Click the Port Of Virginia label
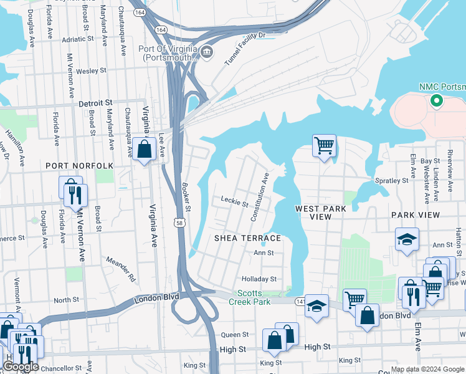pyautogui.click(x=169, y=54)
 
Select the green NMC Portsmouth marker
pyautogui.click(x=437, y=100)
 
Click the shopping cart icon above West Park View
pyautogui.click(x=324, y=146)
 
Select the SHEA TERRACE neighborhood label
pyautogui.click(x=248, y=238)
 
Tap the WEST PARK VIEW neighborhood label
pyautogui.click(x=320, y=212)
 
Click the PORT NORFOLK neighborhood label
pyautogui.click(x=79, y=166)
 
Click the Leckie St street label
pyautogui.click(x=235, y=201)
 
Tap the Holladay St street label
pyautogui.click(x=259, y=279)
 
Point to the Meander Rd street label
pyautogui.click(x=120, y=269)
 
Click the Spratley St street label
pyautogui.click(x=391, y=181)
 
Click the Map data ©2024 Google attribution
pyautogui.click(x=427, y=369)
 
